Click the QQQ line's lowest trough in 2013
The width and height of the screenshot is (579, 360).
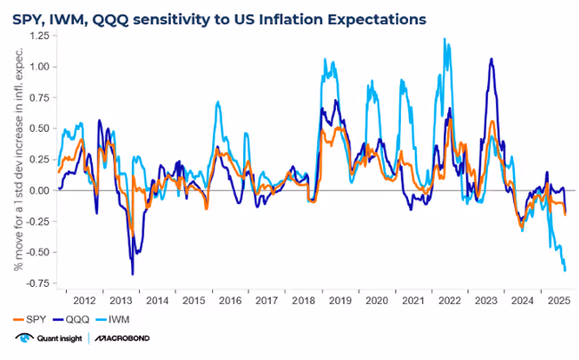point(132,274)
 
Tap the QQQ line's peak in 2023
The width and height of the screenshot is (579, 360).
point(491,59)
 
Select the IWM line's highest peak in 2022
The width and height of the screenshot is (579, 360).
point(444,39)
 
